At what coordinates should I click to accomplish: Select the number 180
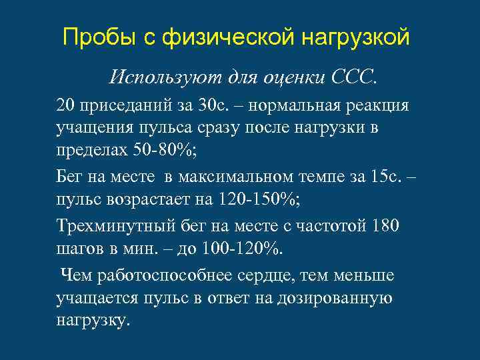point(385,227)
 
